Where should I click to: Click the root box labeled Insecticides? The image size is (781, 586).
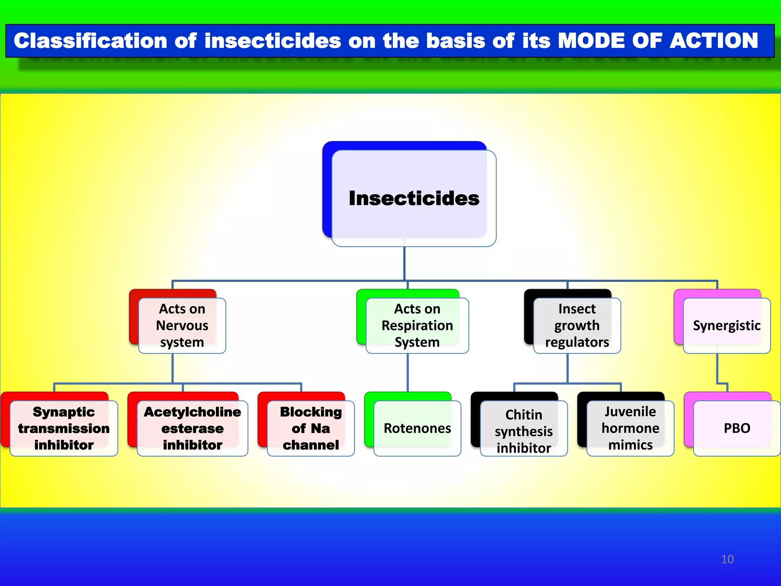[x=414, y=198]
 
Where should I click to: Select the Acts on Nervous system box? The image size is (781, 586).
[x=182, y=325]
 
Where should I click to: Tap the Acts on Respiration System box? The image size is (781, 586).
[x=417, y=325]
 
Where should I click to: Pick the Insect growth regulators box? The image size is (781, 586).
[x=577, y=325]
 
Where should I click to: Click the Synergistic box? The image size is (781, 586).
[x=726, y=325]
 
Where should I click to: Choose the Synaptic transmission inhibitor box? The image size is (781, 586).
[x=64, y=428]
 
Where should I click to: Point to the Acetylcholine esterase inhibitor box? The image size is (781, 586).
[x=192, y=428]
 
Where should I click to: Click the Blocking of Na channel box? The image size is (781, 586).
[x=310, y=428]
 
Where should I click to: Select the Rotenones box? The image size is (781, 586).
[x=417, y=428]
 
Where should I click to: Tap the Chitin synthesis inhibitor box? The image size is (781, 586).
[x=524, y=431]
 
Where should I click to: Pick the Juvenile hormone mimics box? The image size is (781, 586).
[x=630, y=428]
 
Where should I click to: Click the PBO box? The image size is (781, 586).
[x=737, y=428]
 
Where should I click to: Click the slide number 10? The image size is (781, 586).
[x=727, y=559]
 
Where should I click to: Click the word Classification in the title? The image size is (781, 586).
[x=90, y=41]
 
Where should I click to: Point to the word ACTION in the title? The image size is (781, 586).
[x=714, y=41]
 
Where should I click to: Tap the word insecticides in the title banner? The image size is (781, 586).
[x=273, y=41]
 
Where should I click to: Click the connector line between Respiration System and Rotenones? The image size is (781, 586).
[x=408, y=372]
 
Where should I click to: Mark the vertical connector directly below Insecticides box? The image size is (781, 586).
[x=404, y=263]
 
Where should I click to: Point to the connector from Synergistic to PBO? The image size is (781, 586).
[x=717, y=368]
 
